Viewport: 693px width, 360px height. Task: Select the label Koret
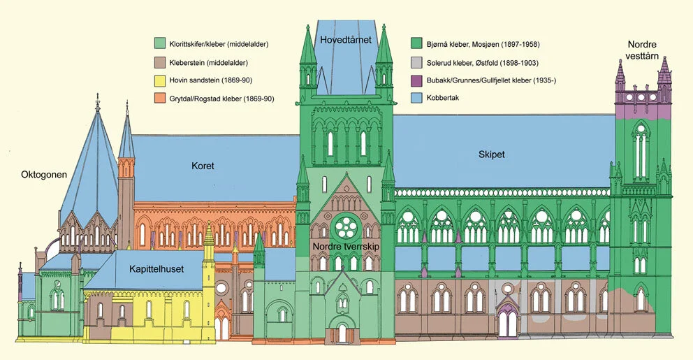[203, 166]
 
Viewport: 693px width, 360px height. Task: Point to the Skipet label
[493, 153]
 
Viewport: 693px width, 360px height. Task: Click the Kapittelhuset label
[157, 268]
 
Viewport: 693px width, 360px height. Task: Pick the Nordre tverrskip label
[345, 246]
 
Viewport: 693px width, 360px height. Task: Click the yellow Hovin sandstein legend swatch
[161, 80]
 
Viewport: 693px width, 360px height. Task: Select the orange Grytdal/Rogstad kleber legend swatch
[161, 99]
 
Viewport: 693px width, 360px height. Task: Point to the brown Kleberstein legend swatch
[161, 63]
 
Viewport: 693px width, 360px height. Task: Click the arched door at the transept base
[342, 331]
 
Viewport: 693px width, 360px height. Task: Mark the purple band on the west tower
[641, 110]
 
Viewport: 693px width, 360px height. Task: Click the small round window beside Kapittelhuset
[221, 287]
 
